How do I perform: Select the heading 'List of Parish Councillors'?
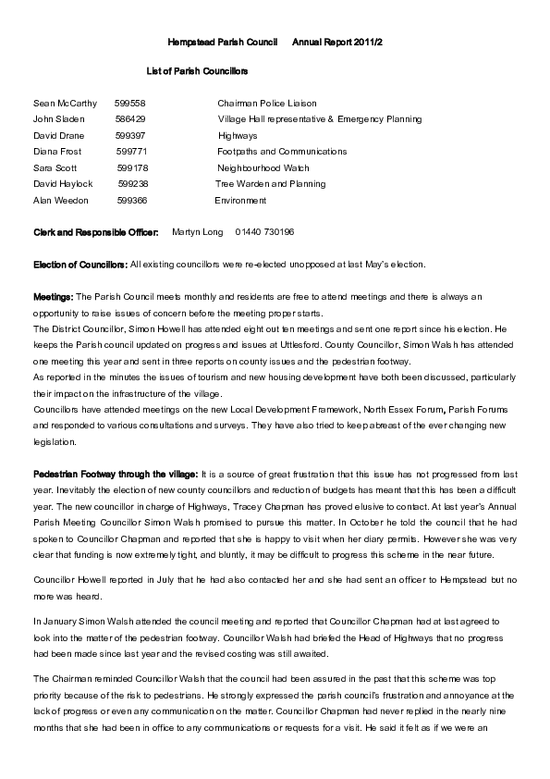[197, 70]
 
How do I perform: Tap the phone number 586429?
[130, 119]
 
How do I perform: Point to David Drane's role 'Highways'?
[238, 136]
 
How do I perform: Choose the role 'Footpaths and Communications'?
[282, 152]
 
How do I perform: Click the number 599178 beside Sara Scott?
[132, 168]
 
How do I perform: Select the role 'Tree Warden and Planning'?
[270, 184]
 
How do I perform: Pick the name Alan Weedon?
[60, 200]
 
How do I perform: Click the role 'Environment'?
[240, 200]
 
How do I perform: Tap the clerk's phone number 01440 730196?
[264, 232]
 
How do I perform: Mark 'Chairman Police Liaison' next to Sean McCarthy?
[266, 104]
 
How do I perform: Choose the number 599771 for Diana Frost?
[131, 152]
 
